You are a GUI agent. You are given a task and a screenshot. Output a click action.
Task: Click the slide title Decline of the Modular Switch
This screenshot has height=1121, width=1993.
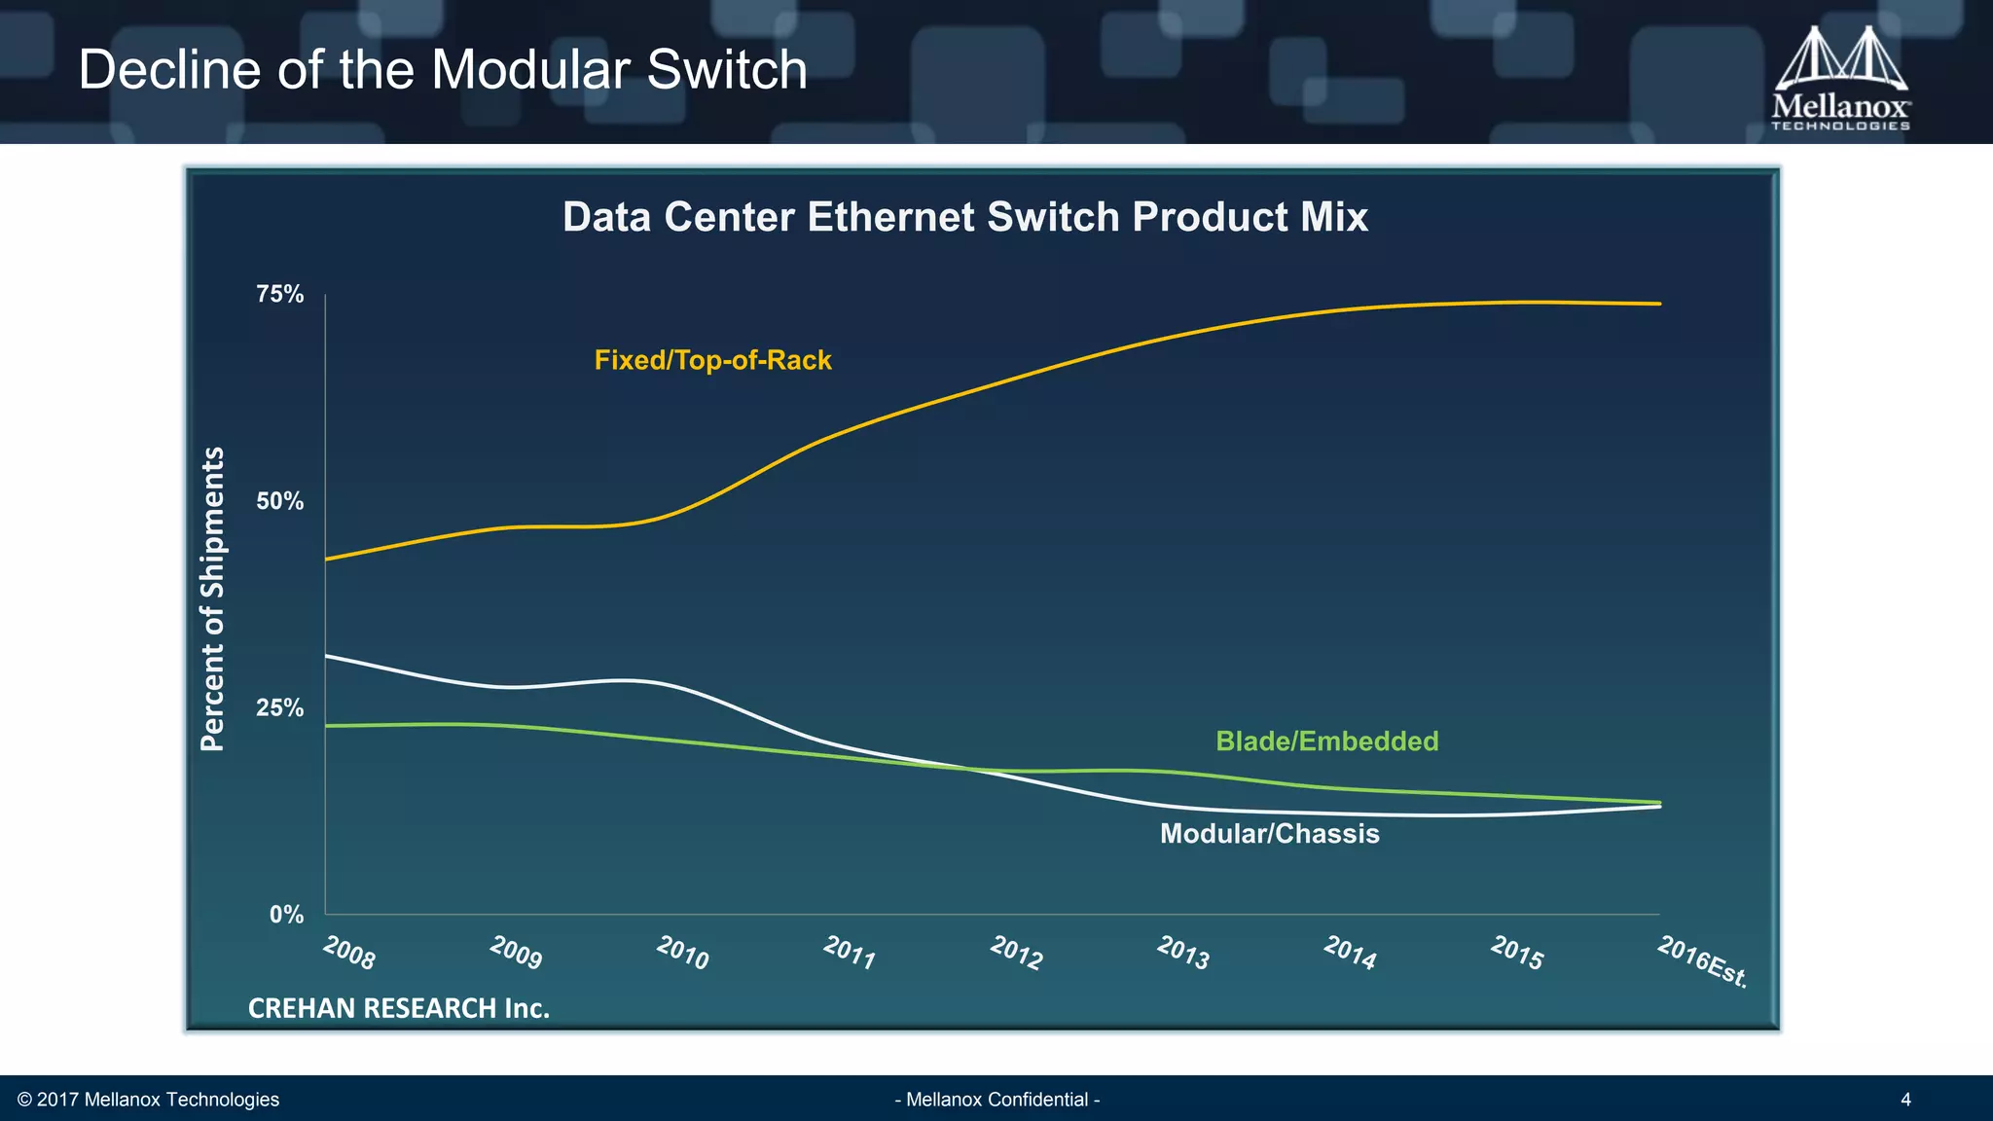[x=443, y=70]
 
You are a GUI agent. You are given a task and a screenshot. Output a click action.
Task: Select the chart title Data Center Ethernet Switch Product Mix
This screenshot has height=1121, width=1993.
[x=964, y=217]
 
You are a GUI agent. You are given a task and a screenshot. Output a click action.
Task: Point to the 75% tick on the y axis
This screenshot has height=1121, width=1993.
[x=280, y=294]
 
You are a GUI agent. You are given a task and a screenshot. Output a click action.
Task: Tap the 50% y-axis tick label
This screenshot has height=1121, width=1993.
[x=280, y=501]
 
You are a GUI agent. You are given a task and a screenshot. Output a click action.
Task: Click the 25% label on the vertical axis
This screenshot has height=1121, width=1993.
[x=280, y=707]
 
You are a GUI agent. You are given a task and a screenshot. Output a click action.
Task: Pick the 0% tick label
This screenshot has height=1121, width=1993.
[x=286, y=915]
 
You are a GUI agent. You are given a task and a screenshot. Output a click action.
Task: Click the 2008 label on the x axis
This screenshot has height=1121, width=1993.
[x=349, y=953]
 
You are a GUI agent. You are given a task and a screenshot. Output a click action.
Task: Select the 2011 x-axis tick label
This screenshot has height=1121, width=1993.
[x=850, y=953]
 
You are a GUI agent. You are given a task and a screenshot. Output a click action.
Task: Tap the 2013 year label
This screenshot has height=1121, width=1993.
[x=1183, y=953]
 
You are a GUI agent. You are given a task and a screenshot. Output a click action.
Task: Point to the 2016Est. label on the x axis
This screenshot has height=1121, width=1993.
[x=1703, y=961]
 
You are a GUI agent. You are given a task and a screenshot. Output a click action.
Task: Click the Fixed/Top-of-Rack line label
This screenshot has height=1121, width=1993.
[x=712, y=360]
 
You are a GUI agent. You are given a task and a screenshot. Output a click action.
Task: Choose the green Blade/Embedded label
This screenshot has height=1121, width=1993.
[x=1326, y=741]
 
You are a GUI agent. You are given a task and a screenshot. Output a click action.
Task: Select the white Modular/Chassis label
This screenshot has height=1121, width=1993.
[x=1269, y=834]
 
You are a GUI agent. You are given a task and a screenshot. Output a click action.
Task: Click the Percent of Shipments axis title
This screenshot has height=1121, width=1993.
[x=212, y=598]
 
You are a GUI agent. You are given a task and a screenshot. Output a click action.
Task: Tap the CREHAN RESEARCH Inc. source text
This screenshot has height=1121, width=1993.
[x=399, y=1008]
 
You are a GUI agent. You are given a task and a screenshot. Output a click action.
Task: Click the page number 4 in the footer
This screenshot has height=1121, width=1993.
[x=1905, y=1100]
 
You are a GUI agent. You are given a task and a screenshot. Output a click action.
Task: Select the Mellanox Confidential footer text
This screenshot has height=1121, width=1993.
[x=996, y=1100]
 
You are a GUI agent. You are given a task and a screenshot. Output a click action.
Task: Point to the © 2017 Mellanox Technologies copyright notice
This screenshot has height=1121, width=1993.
[x=148, y=1100]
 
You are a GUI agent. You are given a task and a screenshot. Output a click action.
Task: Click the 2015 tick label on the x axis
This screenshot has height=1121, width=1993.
[x=1517, y=953]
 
